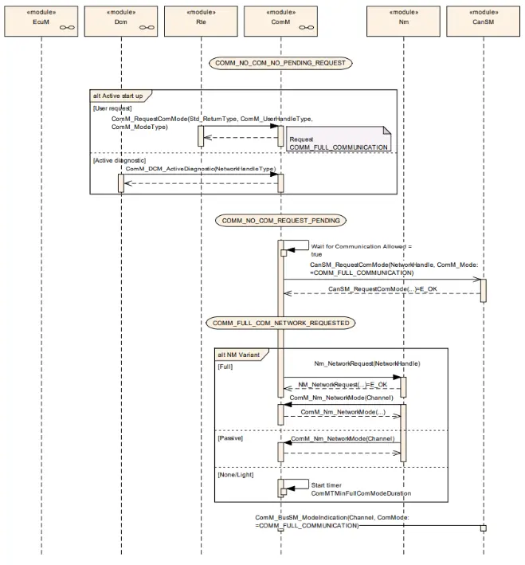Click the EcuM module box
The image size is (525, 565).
click(x=41, y=21)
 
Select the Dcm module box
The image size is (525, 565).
click(x=121, y=21)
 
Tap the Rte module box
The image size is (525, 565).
click(x=201, y=21)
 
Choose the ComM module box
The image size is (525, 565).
click(x=280, y=21)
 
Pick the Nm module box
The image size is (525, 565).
click(x=404, y=21)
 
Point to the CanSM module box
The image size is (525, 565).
click(x=484, y=21)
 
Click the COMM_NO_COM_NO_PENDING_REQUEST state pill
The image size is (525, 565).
click(x=280, y=63)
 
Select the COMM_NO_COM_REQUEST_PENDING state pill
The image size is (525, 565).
click(x=280, y=221)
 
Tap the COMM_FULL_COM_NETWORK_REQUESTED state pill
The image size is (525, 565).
click(x=280, y=323)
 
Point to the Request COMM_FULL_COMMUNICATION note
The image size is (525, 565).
click(x=339, y=139)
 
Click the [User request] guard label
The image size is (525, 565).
click(x=112, y=108)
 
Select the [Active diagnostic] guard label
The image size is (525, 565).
click(x=119, y=160)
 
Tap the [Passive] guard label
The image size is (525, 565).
click(x=230, y=438)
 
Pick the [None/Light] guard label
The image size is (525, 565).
click(x=236, y=475)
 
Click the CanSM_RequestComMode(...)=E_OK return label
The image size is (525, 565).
click(x=382, y=289)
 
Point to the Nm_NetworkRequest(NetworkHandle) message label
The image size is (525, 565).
click(x=367, y=363)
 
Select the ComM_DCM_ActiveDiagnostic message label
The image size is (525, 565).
click(x=201, y=169)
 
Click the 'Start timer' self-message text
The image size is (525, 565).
click(x=327, y=485)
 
